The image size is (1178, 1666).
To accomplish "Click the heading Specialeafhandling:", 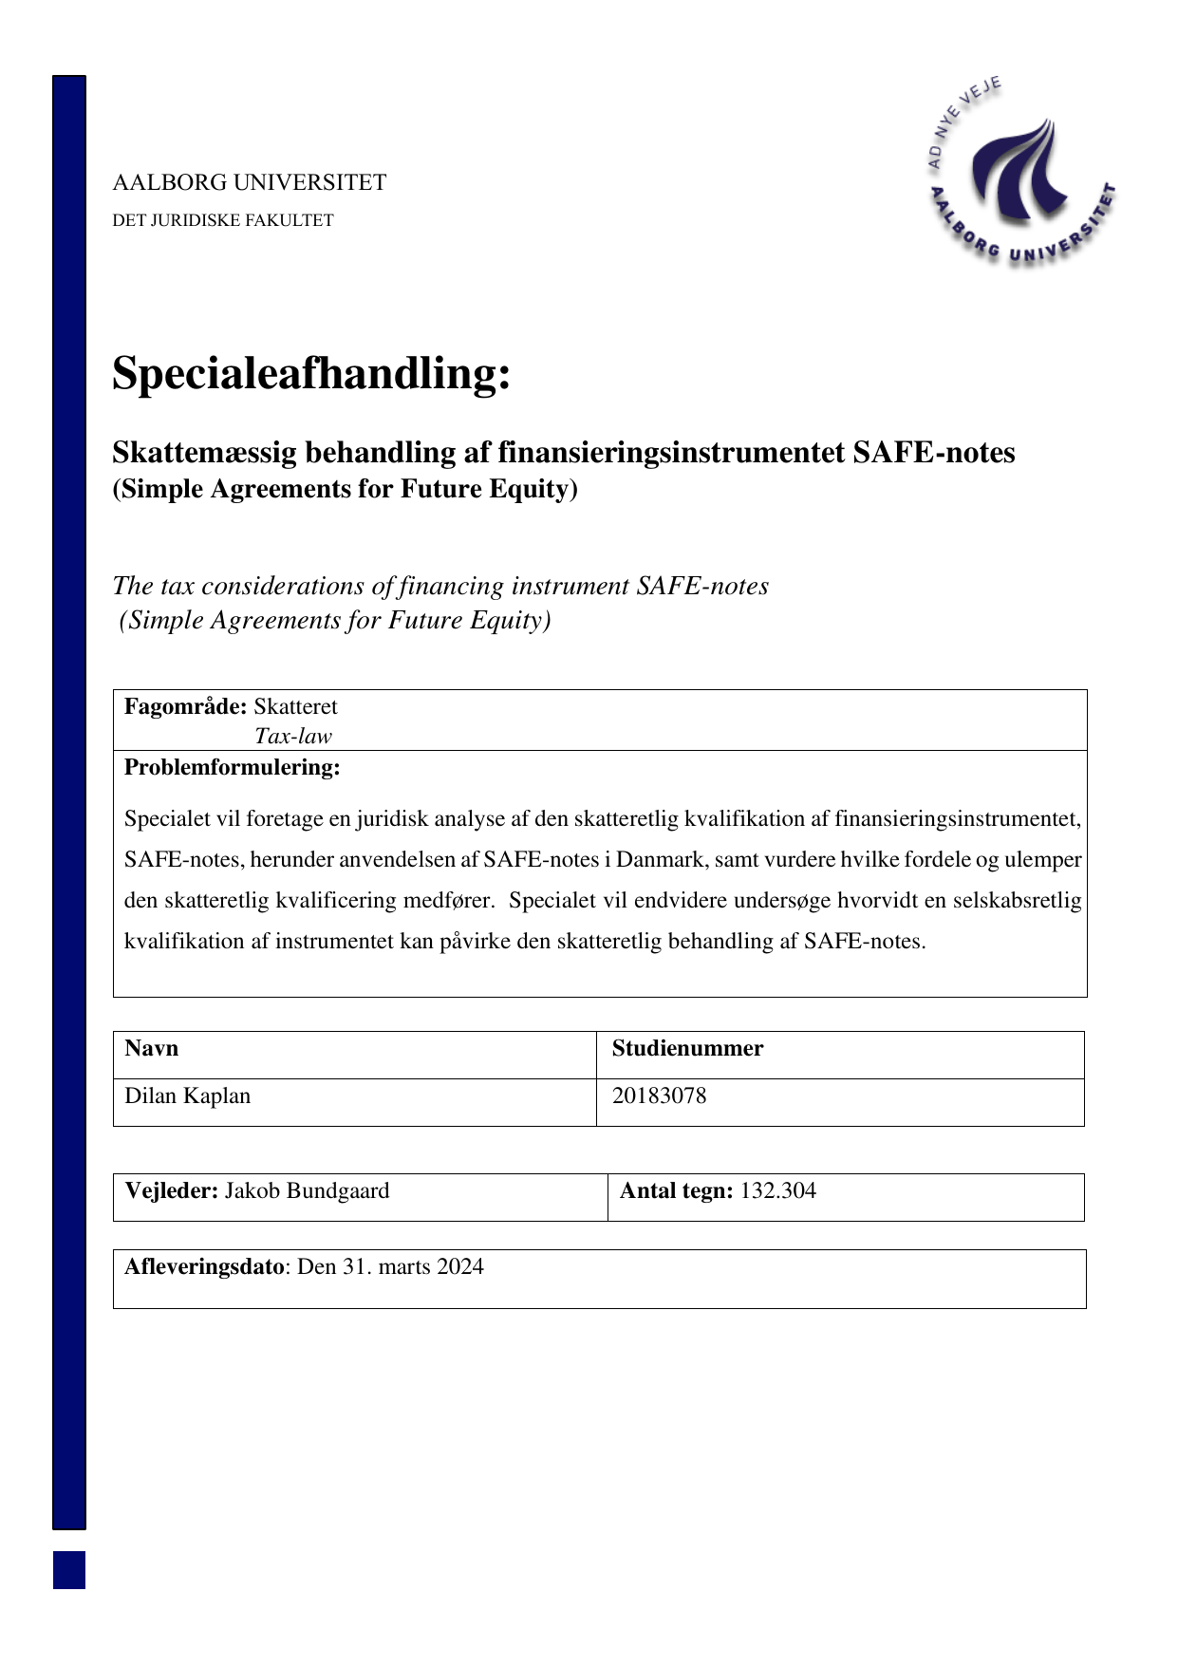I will pyautogui.click(x=311, y=373).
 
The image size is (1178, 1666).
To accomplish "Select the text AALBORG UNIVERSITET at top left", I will pyautogui.click(x=250, y=182).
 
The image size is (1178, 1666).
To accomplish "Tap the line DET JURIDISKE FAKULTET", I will pyautogui.click(x=223, y=220).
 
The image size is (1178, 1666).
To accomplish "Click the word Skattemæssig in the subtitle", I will pyautogui.click(x=203, y=453).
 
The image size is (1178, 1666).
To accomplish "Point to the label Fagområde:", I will pyautogui.click(x=185, y=706).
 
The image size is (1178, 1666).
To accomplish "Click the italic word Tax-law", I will pyautogui.click(x=293, y=736).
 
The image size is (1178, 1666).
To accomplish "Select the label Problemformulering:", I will pyautogui.click(x=232, y=767).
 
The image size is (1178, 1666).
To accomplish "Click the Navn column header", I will pyautogui.click(x=152, y=1048).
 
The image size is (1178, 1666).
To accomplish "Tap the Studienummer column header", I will pyautogui.click(x=687, y=1048).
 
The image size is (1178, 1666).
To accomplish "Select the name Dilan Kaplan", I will pyautogui.click(x=188, y=1095).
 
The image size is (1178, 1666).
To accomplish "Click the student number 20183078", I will pyautogui.click(x=659, y=1095).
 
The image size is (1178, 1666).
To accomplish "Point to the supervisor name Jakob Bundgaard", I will pyautogui.click(x=307, y=1190).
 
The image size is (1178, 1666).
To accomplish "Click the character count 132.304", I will pyautogui.click(x=777, y=1190).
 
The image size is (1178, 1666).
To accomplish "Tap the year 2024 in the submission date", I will pyautogui.click(x=460, y=1266).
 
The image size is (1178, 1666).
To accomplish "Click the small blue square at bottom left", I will pyautogui.click(x=69, y=1569).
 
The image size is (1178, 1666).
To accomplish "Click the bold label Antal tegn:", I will pyautogui.click(x=676, y=1190).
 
